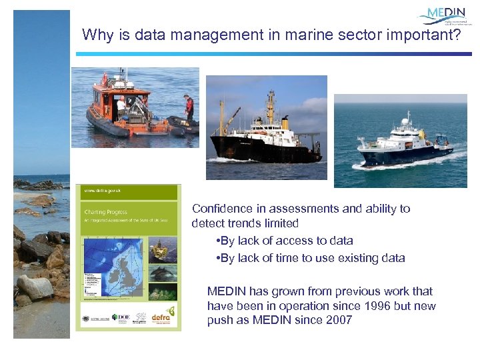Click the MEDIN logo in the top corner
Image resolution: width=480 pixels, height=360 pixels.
(x=445, y=16)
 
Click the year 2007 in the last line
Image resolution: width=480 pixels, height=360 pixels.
(x=338, y=320)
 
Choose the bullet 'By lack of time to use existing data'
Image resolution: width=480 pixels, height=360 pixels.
(x=311, y=258)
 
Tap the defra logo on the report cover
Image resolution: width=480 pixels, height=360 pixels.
(x=163, y=318)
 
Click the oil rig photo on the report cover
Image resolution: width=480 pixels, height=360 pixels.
(x=163, y=251)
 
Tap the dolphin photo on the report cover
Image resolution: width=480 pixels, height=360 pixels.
(x=163, y=272)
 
